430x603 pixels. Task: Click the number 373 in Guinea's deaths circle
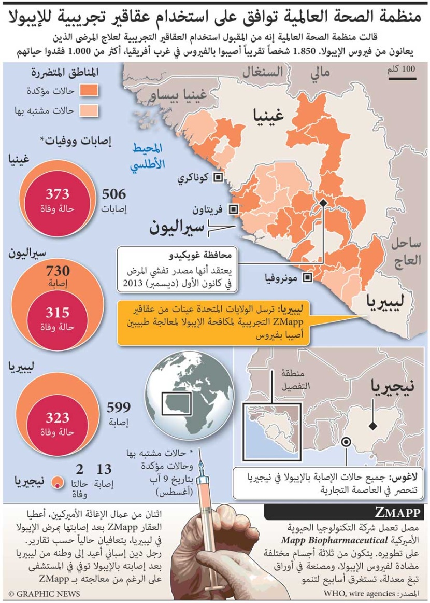58,194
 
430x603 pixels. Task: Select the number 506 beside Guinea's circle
113,194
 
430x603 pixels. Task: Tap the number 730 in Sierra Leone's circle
58,271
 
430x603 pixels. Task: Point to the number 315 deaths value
58,313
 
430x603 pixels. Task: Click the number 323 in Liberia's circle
58,418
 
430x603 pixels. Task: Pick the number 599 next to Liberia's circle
118,408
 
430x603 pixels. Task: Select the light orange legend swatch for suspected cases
88,110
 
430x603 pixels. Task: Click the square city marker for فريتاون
234,209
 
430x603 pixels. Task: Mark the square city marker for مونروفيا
308,278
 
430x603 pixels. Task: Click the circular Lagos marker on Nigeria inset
346,442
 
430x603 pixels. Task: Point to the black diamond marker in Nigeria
371,426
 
